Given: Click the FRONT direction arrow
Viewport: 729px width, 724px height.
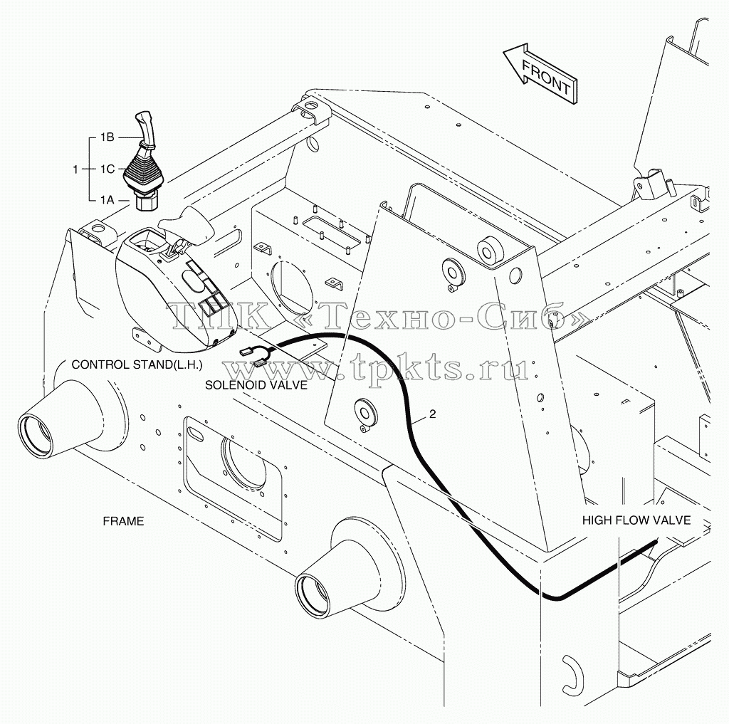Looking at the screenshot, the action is [540, 73].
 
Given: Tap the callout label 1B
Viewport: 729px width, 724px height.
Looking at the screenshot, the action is [107, 137].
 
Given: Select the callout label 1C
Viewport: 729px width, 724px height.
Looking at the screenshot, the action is [107, 169].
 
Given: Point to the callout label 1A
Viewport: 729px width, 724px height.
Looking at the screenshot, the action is [107, 200].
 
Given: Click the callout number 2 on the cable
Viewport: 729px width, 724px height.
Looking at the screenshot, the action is [432, 414].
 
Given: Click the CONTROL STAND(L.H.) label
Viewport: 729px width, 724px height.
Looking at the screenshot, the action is [137, 365].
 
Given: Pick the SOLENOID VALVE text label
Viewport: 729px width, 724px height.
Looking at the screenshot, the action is [256, 385].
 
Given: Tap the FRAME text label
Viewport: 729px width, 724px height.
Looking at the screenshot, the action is [123, 521].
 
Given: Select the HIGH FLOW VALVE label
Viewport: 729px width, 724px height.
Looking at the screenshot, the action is [636, 520].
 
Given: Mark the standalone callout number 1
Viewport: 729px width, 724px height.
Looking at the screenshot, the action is [75, 169].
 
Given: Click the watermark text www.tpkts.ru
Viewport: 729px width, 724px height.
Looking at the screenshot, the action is [376, 367].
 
